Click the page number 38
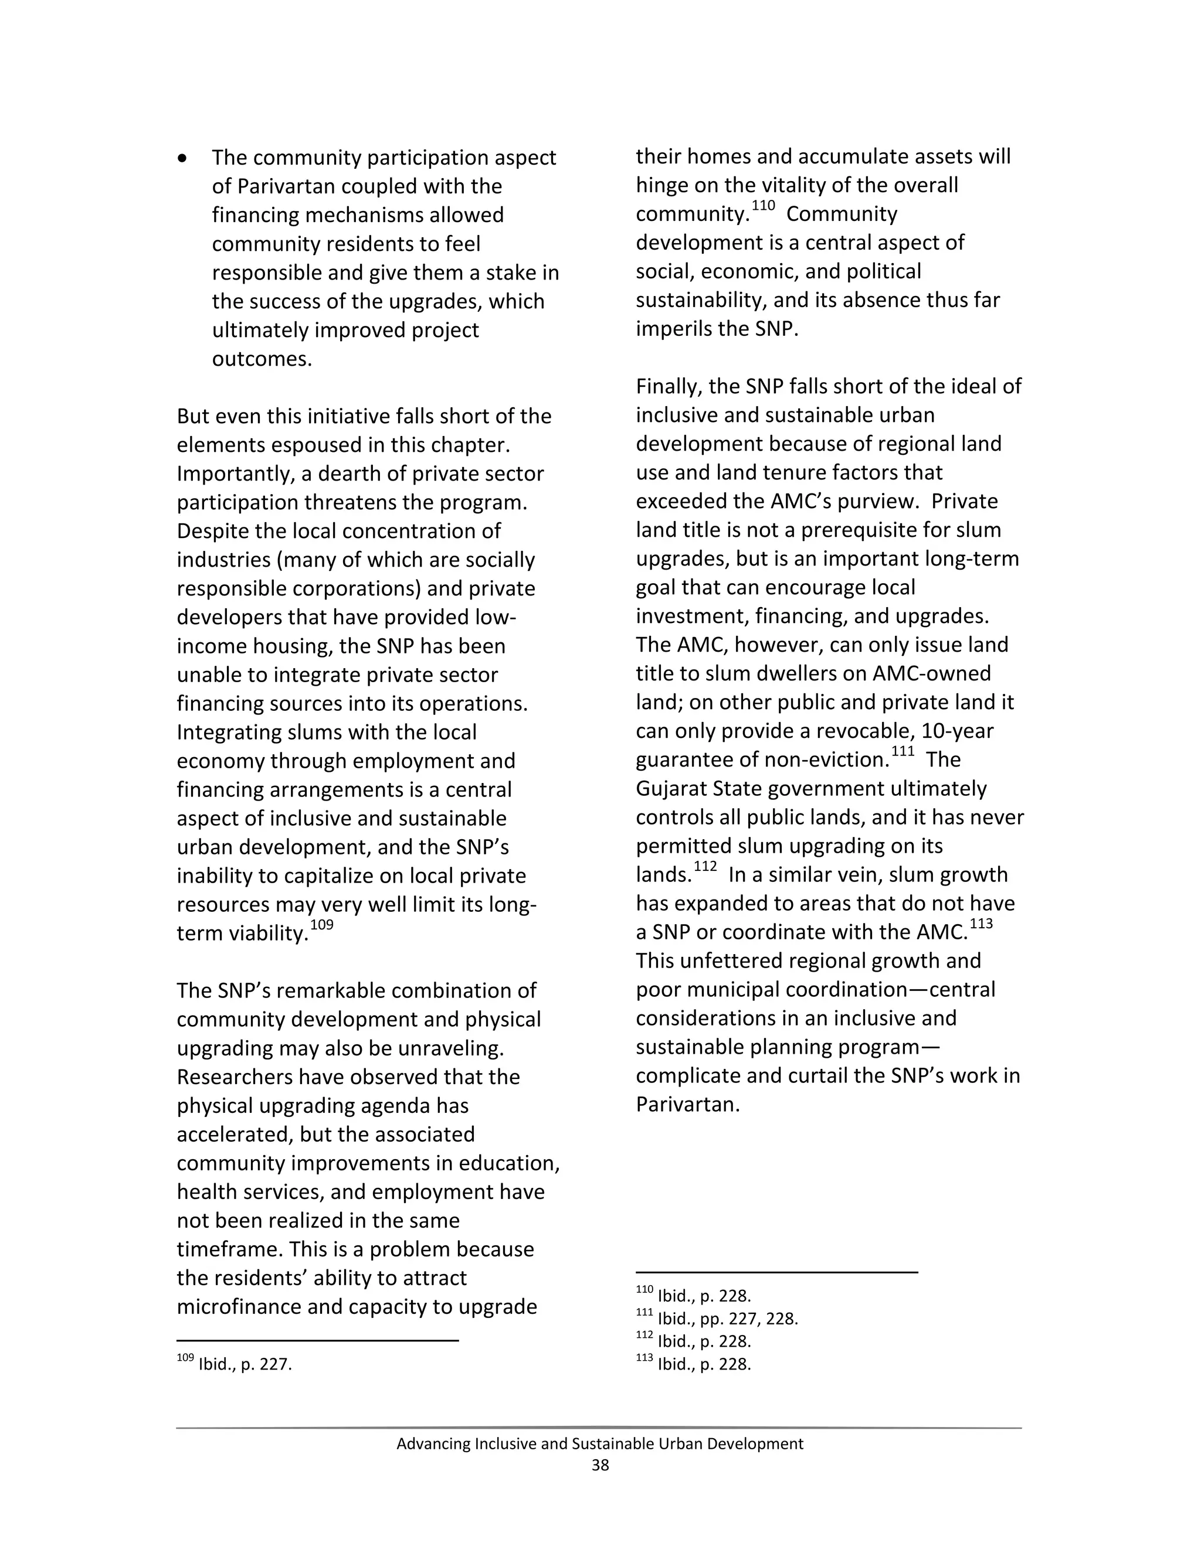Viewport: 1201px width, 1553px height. pyautogui.click(x=600, y=1465)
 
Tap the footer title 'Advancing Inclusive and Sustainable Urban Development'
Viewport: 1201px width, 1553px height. pyautogui.click(x=600, y=1443)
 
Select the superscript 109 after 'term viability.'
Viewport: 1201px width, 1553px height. pyautogui.click(x=321, y=925)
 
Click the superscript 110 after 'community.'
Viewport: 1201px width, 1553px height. pyautogui.click(x=764, y=206)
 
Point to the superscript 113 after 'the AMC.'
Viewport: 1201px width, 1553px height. pyautogui.click(x=981, y=924)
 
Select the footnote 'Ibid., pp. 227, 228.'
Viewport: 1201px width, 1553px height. pyautogui.click(x=727, y=1319)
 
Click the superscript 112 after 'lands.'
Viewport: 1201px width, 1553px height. pyautogui.click(x=705, y=867)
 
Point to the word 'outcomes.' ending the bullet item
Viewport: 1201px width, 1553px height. pyautogui.click(x=262, y=359)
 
